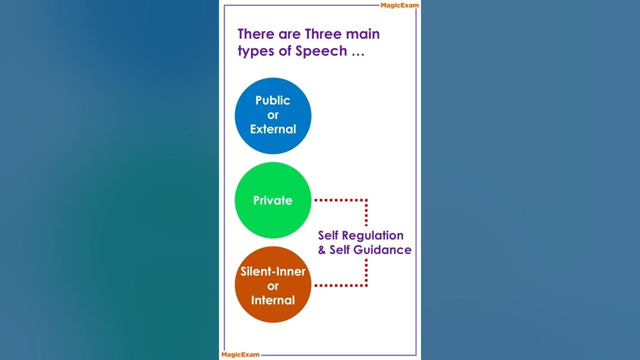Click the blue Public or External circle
[x=273, y=115]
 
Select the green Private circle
[x=273, y=200]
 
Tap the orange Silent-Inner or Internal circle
[x=273, y=285]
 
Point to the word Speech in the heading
[x=321, y=51]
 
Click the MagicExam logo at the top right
[x=400, y=5]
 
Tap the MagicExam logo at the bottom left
[x=240, y=354]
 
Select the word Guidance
[x=384, y=249]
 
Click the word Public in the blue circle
[x=272, y=100]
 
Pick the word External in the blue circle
[x=273, y=129]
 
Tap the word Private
[x=272, y=200]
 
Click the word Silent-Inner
[x=273, y=272]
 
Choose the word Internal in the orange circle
[x=273, y=300]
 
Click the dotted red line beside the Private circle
[x=340, y=200]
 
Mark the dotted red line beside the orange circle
[x=340, y=285]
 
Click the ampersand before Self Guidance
[x=322, y=249]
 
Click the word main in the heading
[x=363, y=34]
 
